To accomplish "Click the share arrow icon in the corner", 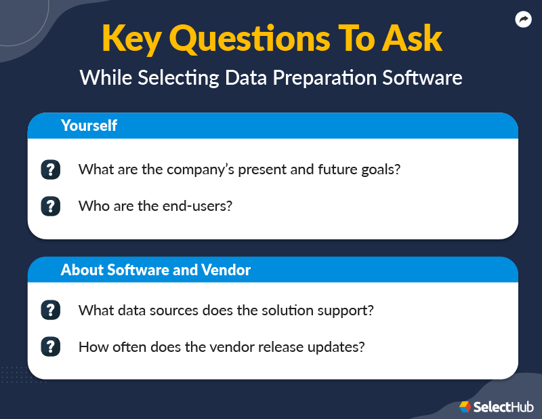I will click(523, 20).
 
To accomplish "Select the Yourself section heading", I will click(89, 125).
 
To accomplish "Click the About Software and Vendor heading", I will click(156, 270).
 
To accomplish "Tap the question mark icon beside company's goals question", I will click(50, 169).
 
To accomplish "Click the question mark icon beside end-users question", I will click(50, 205).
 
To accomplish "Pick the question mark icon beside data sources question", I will click(50, 311).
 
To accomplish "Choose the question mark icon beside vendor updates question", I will click(50, 347).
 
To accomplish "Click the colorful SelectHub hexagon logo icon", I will click(465, 407).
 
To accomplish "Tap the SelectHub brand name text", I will click(504, 407).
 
